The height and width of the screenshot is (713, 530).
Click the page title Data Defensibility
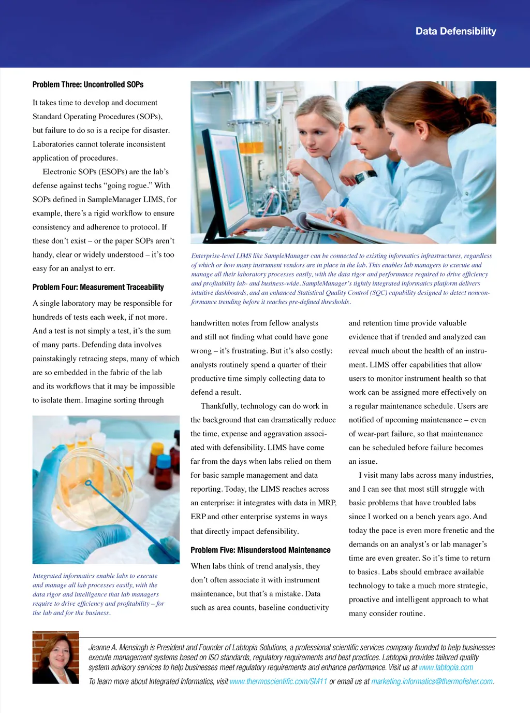[x=455, y=31]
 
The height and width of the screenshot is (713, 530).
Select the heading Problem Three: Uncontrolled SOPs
[x=88, y=84]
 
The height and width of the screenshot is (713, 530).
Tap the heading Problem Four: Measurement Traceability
[x=98, y=287]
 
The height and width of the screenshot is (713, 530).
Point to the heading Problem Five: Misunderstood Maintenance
[x=260, y=550]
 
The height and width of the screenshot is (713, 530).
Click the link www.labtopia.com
[x=446, y=667]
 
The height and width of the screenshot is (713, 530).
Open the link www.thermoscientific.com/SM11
[x=278, y=681]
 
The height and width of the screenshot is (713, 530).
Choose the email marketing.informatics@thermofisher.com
[x=432, y=681]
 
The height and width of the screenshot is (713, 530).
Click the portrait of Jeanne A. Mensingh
[x=56, y=657]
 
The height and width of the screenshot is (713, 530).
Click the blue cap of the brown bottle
[x=164, y=461]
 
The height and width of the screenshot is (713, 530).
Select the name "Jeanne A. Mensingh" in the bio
[x=118, y=647]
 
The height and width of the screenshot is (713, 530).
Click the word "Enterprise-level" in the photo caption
[x=213, y=256]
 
